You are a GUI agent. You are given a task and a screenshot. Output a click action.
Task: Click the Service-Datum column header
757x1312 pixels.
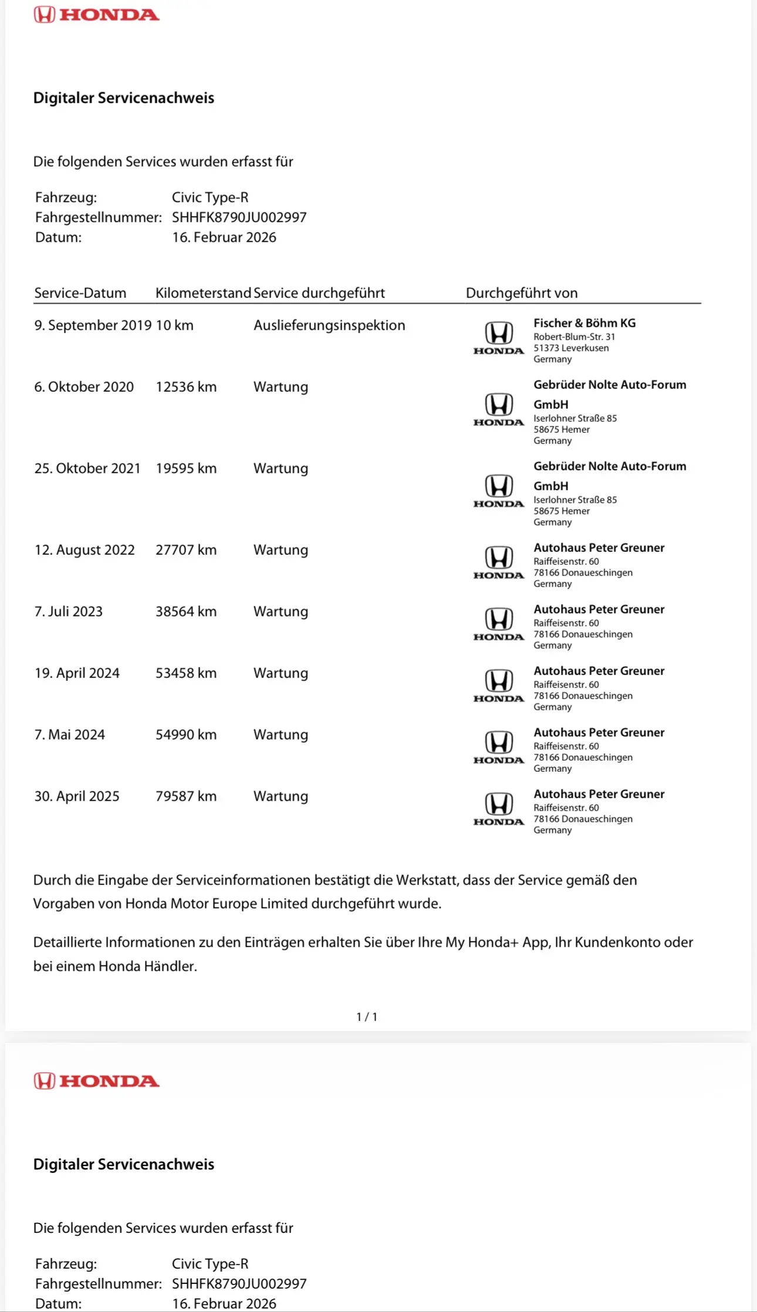click(x=80, y=293)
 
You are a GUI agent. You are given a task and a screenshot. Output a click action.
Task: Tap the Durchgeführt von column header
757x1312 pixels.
click(x=521, y=293)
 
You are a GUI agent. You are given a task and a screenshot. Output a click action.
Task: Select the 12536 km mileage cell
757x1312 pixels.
click(x=185, y=387)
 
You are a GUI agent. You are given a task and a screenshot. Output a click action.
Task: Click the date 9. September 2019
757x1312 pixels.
click(x=93, y=326)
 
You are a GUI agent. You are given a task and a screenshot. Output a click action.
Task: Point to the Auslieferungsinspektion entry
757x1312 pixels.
click(x=329, y=326)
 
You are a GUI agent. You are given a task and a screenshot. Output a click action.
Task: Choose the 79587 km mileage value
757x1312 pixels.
click(x=185, y=796)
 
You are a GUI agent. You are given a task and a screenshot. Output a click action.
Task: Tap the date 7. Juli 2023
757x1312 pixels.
click(x=68, y=612)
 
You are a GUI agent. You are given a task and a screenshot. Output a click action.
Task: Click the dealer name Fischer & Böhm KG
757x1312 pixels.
click(x=584, y=323)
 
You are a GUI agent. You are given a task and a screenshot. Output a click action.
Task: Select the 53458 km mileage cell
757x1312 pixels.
click(x=185, y=673)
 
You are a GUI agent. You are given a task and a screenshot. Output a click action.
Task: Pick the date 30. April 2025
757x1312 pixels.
click(x=76, y=796)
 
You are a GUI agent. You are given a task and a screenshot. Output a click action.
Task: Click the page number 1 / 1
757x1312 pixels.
click(x=367, y=1017)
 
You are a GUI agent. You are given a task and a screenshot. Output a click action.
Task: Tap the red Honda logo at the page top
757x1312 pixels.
click(x=96, y=15)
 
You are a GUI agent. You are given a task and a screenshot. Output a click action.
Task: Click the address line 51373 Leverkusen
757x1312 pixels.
click(x=570, y=348)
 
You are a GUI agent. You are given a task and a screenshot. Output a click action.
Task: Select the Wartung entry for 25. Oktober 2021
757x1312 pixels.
click(x=281, y=469)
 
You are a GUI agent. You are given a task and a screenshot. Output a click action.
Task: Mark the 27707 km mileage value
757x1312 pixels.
click(x=185, y=550)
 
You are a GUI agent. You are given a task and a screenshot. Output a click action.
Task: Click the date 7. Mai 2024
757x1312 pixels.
click(x=69, y=735)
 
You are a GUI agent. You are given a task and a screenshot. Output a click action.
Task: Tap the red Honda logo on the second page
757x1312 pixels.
click(x=96, y=1081)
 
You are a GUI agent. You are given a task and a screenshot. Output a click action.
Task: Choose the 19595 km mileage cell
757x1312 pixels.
click(x=185, y=469)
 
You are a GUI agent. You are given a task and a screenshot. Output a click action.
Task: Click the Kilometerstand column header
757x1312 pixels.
click(x=203, y=293)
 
